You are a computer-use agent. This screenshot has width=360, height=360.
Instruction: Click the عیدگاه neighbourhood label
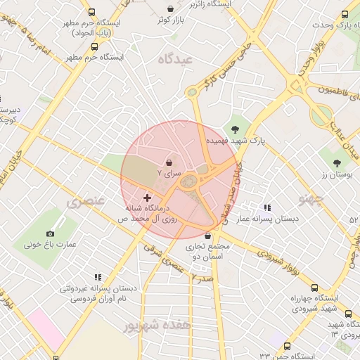tap(176, 59)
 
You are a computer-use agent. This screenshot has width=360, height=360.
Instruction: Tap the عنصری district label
tap(86, 202)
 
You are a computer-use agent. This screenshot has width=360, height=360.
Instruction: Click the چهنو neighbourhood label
tap(310, 199)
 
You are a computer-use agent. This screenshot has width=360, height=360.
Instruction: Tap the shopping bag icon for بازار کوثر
tap(171, 8)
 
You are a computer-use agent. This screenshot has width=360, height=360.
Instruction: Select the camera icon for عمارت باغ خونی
tap(50, 233)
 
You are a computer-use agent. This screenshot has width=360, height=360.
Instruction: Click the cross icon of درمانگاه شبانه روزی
tap(147, 198)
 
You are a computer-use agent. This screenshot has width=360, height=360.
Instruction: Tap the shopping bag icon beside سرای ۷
tap(169, 162)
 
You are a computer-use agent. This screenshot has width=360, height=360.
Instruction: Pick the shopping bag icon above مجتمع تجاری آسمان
tap(207, 236)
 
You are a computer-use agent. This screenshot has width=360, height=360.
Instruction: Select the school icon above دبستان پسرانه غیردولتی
tap(98, 277)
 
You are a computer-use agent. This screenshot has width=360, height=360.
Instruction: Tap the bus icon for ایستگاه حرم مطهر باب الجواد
tap(91, 12)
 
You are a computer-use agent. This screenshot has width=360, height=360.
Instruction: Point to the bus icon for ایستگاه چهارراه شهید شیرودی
tap(314, 288)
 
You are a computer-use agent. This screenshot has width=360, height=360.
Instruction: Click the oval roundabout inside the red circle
tap(188, 182)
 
